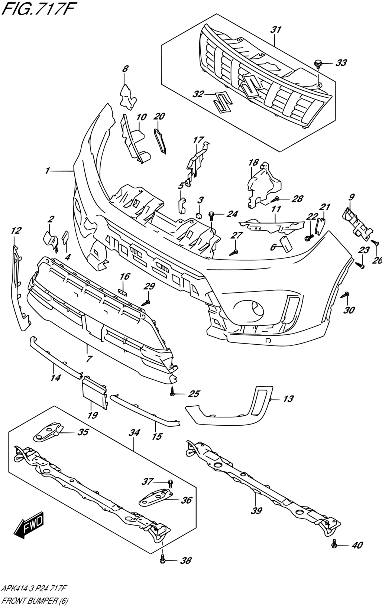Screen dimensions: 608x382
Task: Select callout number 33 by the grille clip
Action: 341,63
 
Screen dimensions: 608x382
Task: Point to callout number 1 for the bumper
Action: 48,171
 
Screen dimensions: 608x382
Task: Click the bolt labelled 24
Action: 211,214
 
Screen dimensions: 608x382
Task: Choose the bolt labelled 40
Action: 334,545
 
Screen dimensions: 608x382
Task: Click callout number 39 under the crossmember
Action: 256,511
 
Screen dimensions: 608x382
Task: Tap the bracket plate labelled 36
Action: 156,497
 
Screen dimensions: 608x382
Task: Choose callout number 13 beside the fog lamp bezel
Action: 288,399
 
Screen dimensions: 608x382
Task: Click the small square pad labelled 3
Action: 199,214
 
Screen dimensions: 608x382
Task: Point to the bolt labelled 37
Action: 170,482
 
